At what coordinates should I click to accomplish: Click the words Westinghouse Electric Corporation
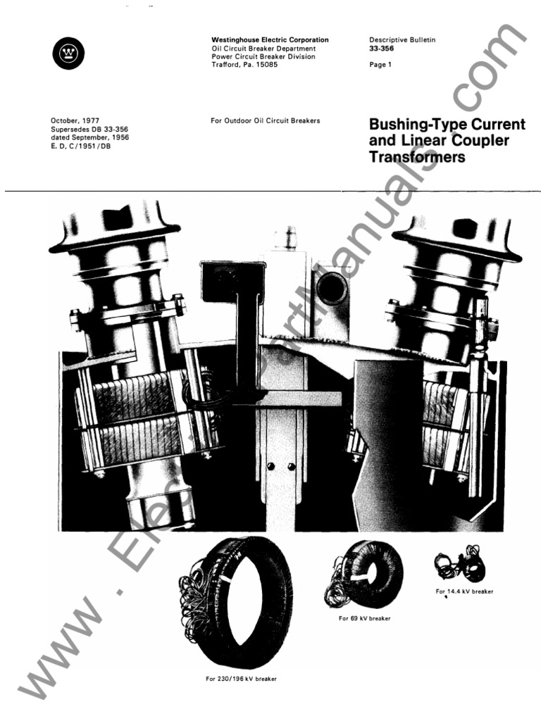(x=270, y=40)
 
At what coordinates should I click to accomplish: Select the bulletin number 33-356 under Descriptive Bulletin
(x=381, y=49)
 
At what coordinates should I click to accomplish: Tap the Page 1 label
(x=380, y=65)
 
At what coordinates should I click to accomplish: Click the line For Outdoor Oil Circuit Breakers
(x=265, y=121)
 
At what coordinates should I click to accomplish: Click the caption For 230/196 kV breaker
(x=241, y=679)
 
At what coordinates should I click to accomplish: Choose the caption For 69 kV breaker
(x=364, y=618)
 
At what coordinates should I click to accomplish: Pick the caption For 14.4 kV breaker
(x=464, y=591)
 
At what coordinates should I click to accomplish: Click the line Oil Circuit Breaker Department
(x=263, y=49)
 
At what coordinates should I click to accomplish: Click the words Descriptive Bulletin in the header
(x=402, y=40)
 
